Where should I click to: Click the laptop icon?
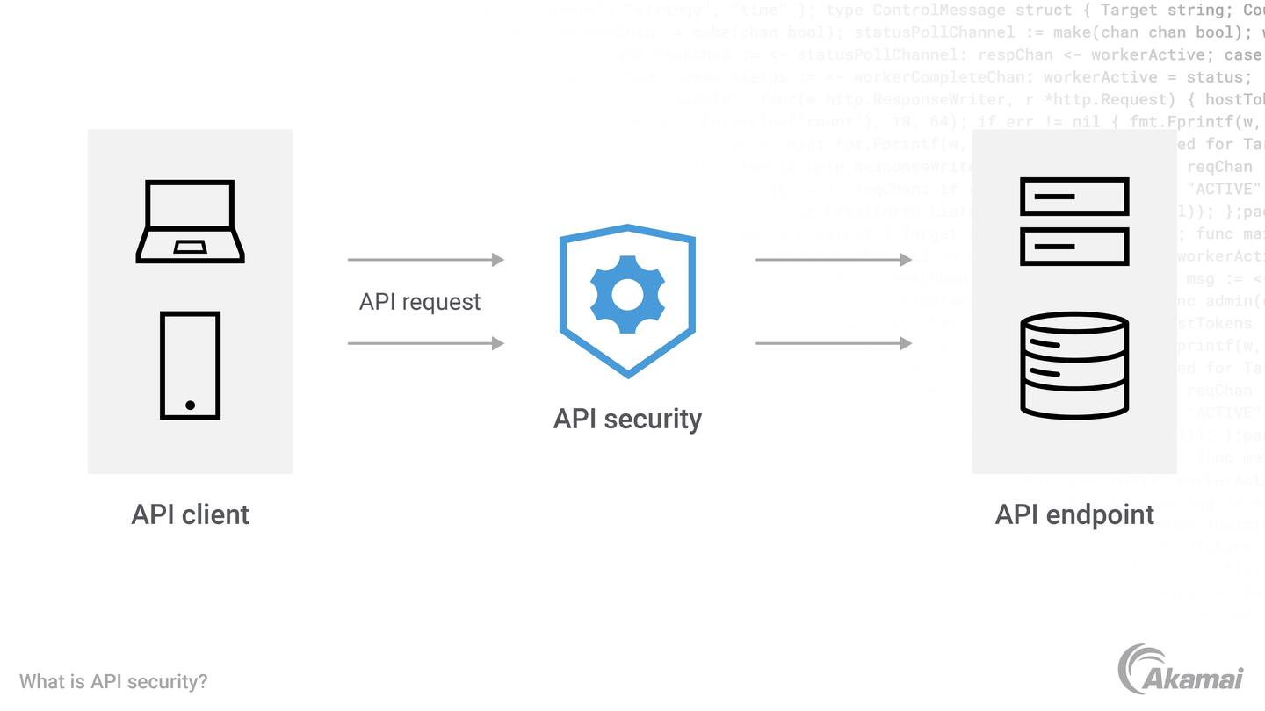pyautogui.click(x=190, y=220)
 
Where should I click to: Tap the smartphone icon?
pyautogui.click(x=190, y=365)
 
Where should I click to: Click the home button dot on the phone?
pyautogui.click(x=190, y=406)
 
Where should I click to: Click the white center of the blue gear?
pyautogui.click(x=627, y=295)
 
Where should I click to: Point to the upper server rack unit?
pyautogui.click(x=1074, y=197)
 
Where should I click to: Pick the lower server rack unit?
pyautogui.click(x=1074, y=247)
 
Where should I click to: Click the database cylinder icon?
pyautogui.click(x=1074, y=364)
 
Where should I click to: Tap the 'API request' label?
pyautogui.click(x=420, y=302)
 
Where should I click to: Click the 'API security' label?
pyautogui.click(x=627, y=419)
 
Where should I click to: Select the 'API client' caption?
pyautogui.click(x=190, y=514)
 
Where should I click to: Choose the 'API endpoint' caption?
pyautogui.click(x=1074, y=514)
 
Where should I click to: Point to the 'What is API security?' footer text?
pyautogui.click(x=113, y=682)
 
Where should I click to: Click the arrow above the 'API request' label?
pyautogui.click(x=426, y=260)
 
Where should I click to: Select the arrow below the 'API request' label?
pyautogui.click(x=426, y=343)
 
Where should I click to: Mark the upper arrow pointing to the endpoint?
pyautogui.click(x=834, y=260)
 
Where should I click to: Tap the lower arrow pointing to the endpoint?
pyautogui.click(x=834, y=343)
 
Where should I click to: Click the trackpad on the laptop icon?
pyautogui.click(x=190, y=247)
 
